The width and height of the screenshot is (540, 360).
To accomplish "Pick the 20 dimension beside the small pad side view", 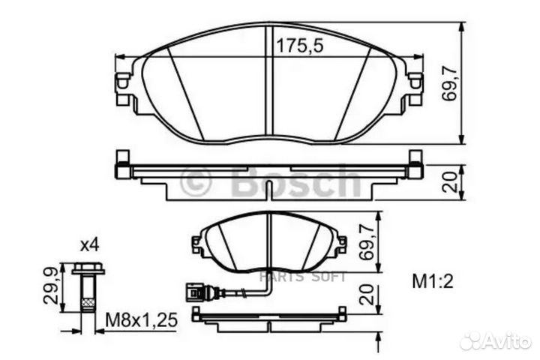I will click(367, 295).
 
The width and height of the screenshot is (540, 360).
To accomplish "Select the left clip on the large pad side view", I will click(120, 166).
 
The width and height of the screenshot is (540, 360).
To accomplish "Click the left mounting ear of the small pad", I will click(198, 244).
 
